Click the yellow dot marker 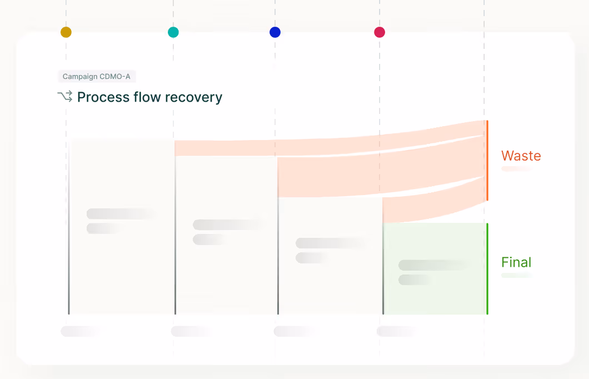pyautogui.click(x=66, y=32)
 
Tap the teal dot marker pyautogui.click(x=173, y=32)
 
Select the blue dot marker pyautogui.click(x=275, y=32)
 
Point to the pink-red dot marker pyautogui.click(x=380, y=32)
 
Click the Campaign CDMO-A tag pyautogui.click(x=96, y=77)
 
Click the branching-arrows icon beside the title pyautogui.click(x=64, y=97)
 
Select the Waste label pyautogui.click(x=521, y=156)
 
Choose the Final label pyautogui.click(x=516, y=262)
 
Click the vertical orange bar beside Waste pyautogui.click(x=487, y=160)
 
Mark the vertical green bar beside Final pyautogui.click(x=487, y=268)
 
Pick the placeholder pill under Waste pyautogui.click(x=517, y=168)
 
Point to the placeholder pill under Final pyautogui.click(x=516, y=275)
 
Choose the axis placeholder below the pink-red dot pyautogui.click(x=396, y=331)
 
